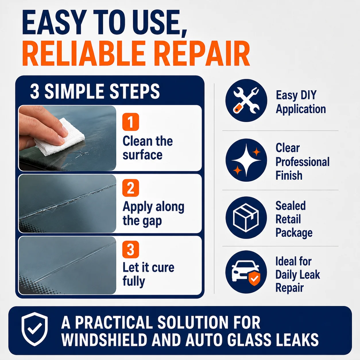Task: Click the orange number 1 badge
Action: pyautogui.click(x=131, y=122)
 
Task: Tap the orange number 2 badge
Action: pyautogui.click(x=131, y=188)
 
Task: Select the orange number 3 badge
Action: pyautogui.click(x=131, y=249)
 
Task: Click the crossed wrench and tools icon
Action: pyautogui.click(x=246, y=100)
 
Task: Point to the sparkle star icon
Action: pyautogui.click(x=246, y=160)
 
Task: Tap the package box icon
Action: pyautogui.click(x=246, y=218)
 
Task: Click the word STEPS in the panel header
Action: pyautogui.click(x=135, y=91)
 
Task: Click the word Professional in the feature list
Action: pyautogui.click(x=303, y=162)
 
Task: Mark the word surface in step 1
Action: pyautogui.click(x=142, y=155)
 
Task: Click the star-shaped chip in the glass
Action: pyautogui.click(x=82, y=154)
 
